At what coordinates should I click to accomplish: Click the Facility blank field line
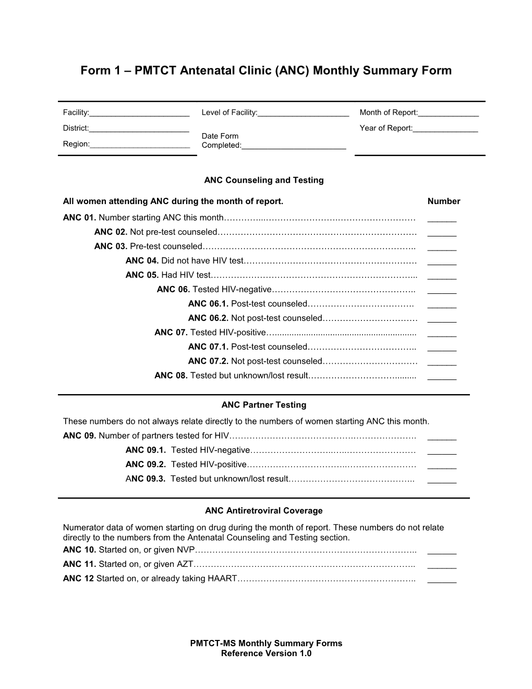coord(139,114)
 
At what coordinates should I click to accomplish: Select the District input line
coord(139,130)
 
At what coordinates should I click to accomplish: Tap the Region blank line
coord(140,146)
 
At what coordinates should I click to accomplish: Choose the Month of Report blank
coord(448,114)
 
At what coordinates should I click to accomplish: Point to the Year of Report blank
coord(445,130)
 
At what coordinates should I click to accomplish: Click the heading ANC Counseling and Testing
coord(264,180)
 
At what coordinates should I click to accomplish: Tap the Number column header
coord(443,201)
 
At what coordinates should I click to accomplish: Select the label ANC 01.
coord(79,218)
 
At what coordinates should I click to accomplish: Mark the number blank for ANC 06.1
coord(441,306)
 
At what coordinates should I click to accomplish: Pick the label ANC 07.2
coord(208,361)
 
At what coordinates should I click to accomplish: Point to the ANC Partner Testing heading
coord(264,405)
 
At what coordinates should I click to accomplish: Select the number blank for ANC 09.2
coord(441,467)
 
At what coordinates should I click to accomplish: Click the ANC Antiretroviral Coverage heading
coord(264,511)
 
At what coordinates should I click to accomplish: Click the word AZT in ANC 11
coord(186,564)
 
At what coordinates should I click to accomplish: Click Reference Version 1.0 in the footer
coord(266,654)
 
